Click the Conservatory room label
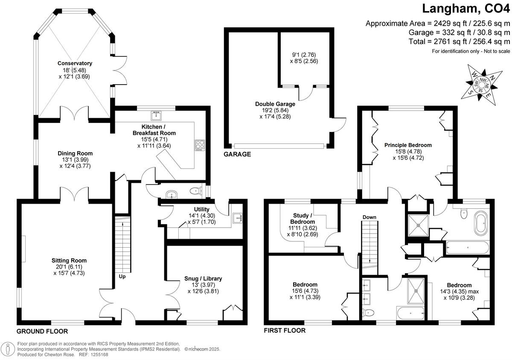point(75,63)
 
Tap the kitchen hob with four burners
point(200,145)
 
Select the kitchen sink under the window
point(156,115)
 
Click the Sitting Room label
point(69,260)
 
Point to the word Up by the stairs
point(122,277)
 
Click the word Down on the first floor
point(369,217)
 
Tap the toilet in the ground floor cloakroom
point(196,190)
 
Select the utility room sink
point(237,218)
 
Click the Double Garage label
point(275,104)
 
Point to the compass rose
point(482,85)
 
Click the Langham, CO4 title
point(466,9)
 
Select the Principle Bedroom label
point(408,145)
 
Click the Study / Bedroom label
point(303,218)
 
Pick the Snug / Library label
point(203,278)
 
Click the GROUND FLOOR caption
point(42,331)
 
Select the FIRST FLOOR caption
point(285,330)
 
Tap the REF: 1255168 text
point(93,354)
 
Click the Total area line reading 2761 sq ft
point(459,41)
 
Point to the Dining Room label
point(75,153)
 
